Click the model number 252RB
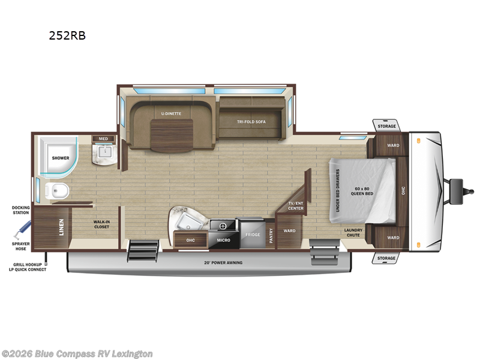pyautogui.click(x=67, y=35)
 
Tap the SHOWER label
pyautogui.click(x=60, y=158)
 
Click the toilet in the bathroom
pyautogui.click(x=58, y=192)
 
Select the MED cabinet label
pyautogui.click(x=103, y=139)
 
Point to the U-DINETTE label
pyautogui.click(x=171, y=113)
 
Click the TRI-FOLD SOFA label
pyautogui.click(x=251, y=121)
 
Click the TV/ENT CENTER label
pyautogui.click(x=296, y=206)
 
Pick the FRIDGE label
pyautogui.click(x=253, y=235)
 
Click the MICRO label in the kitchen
pyautogui.click(x=224, y=241)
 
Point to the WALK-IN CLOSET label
pyautogui.click(x=101, y=224)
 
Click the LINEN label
pyautogui.click(x=61, y=227)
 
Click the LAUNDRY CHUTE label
pyautogui.click(x=353, y=232)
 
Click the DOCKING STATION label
pyautogui.click(x=20, y=209)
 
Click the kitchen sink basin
pyautogui.click(x=189, y=220)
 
